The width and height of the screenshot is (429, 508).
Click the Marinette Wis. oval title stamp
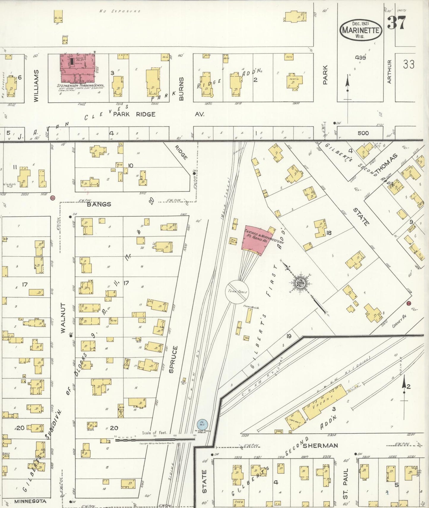click(361, 30)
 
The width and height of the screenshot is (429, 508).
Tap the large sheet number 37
click(396, 23)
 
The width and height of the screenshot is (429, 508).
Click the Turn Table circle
click(237, 292)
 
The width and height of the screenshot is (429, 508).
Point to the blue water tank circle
click(202, 424)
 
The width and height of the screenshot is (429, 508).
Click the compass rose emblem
click(301, 283)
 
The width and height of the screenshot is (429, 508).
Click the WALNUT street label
click(63, 318)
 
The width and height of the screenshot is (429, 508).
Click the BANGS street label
click(99, 204)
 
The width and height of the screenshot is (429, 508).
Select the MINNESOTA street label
click(30, 501)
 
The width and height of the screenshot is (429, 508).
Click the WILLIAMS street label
click(36, 86)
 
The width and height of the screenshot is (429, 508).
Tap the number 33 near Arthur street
click(409, 64)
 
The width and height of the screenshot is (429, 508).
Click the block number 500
click(363, 133)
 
